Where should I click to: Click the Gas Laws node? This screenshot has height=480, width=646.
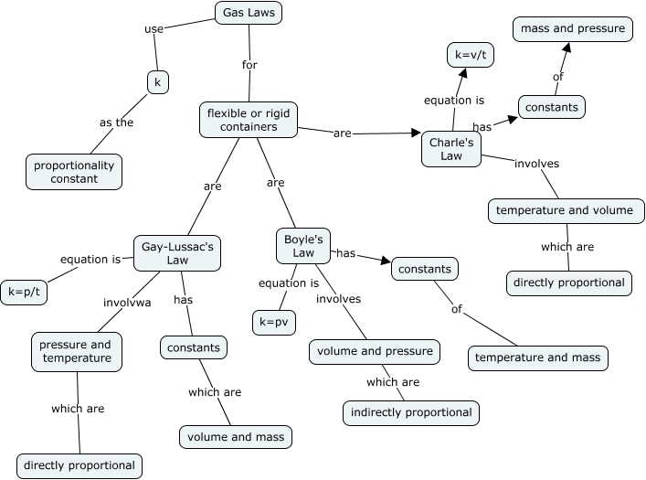tap(249, 13)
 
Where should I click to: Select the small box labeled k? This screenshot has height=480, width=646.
tap(158, 82)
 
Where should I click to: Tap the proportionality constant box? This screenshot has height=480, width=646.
tap(74, 172)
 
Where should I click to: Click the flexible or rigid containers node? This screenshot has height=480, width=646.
tap(249, 120)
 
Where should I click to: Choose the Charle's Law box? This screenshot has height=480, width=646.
tap(451, 149)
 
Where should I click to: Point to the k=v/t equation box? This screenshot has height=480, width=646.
tap(471, 55)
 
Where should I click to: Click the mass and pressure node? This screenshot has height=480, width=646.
tap(573, 29)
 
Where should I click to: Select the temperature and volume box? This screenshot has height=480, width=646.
tap(567, 211)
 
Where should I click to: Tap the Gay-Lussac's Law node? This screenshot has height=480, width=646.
tap(177, 253)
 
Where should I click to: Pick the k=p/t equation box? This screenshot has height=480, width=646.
tap(24, 293)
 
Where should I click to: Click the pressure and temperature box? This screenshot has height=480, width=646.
tap(77, 351)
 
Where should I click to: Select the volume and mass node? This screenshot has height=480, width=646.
tap(236, 437)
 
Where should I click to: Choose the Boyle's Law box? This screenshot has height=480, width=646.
tap(303, 246)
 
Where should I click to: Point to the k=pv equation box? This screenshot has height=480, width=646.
tap(274, 323)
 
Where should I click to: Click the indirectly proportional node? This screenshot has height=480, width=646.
tap(411, 412)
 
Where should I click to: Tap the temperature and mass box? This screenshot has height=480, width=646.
tap(537, 357)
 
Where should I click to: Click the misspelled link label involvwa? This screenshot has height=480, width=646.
tap(127, 303)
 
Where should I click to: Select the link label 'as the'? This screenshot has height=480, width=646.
tap(117, 123)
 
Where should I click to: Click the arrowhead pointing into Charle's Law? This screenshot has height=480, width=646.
tap(416, 133)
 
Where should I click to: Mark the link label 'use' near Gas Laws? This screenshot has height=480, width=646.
tap(154, 29)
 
